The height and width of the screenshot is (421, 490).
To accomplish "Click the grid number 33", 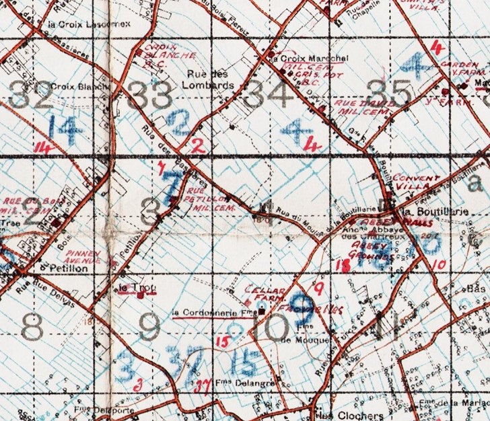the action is tap(150, 95).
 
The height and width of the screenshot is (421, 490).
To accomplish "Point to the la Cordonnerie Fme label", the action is tap(206, 312).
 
